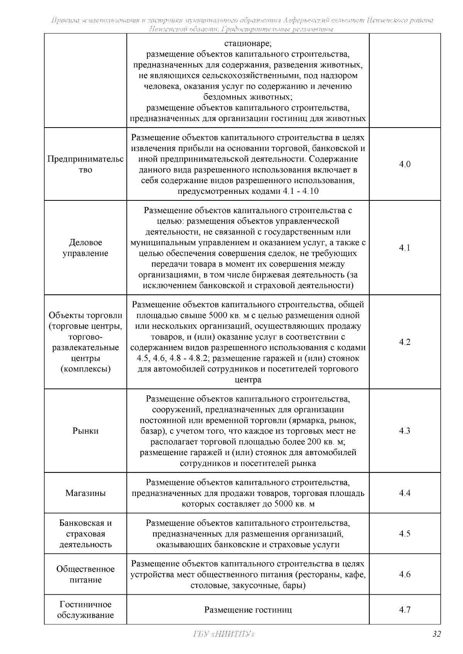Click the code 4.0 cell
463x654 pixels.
[404, 164]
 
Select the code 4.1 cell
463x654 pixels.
[404, 248]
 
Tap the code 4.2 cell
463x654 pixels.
[404, 342]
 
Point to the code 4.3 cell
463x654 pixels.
[404, 431]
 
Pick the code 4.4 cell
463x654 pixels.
[404, 493]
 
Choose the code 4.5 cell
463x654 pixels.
[404, 534]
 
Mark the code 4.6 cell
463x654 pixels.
[404, 575]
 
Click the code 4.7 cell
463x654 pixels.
[404, 610]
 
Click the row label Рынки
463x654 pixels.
[85, 431]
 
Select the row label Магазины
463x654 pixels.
[85, 493]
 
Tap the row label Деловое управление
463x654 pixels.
[85, 248]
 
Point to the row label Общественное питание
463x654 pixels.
[85, 575]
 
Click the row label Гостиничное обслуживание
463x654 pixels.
[85, 610]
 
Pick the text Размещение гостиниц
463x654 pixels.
[248, 610]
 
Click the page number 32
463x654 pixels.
[436, 634]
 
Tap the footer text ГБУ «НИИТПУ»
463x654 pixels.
[223, 634]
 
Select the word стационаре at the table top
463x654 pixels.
[248, 43]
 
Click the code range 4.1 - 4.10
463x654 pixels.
[301, 192]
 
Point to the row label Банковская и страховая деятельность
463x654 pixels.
[85, 534]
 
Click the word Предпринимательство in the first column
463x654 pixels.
[85, 164]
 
